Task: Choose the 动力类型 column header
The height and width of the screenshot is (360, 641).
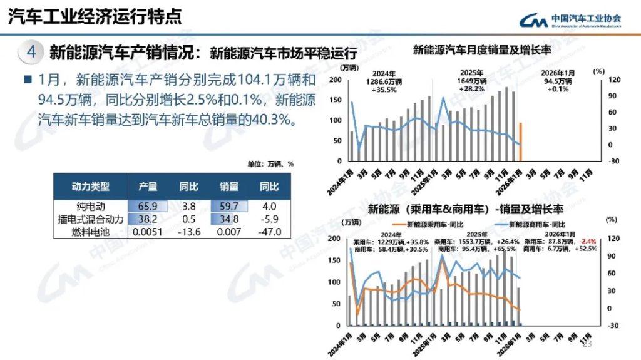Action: click(x=91, y=187)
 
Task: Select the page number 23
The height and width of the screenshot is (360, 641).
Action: click(x=587, y=344)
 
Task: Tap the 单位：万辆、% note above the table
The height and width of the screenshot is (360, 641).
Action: click(x=270, y=164)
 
